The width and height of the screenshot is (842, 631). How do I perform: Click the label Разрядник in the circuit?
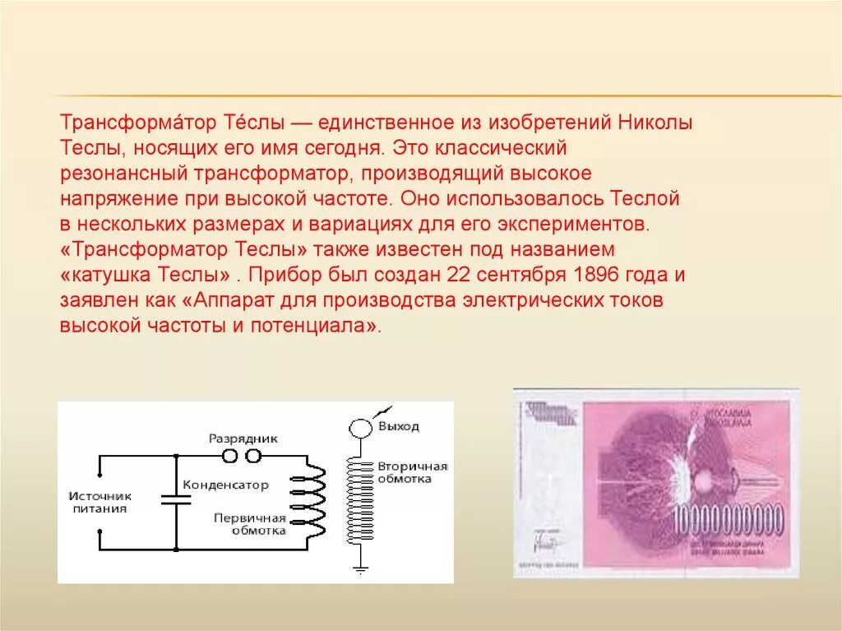click(x=243, y=438)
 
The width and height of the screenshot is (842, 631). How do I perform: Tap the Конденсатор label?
click(x=225, y=485)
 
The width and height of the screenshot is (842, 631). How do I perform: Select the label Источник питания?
click(x=99, y=502)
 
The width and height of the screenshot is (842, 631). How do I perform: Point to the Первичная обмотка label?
click(x=249, y=524)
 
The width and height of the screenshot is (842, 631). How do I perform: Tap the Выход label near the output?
click(x=398, y=426)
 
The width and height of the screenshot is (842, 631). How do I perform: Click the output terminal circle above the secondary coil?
click(x=359, y=428)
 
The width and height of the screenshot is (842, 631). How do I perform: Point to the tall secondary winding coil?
click(x=359, y=502)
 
